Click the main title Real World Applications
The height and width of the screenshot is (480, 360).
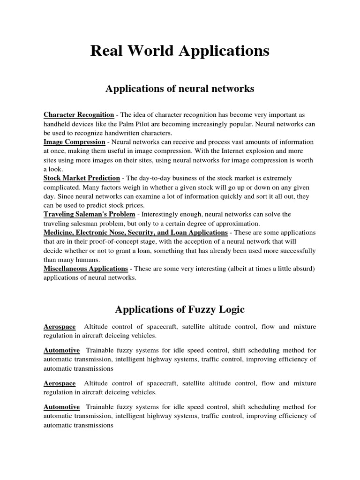[180, 51]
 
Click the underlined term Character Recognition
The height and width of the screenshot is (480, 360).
[79, 115]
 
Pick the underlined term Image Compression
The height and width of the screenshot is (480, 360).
[75, 142]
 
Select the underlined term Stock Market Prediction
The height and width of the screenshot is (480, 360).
[82, 178]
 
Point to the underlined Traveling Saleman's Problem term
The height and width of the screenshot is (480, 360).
[90, 214]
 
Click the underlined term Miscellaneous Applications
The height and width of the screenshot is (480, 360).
[86, 269]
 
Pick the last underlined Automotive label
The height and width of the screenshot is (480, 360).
[62, 407]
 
